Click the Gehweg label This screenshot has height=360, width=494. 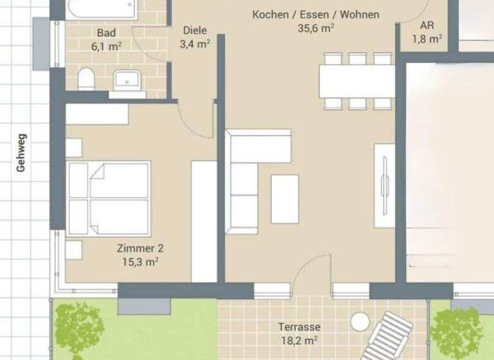coord(22,152)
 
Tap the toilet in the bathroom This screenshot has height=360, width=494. coord(86,80)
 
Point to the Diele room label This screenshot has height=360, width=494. coord(196,30)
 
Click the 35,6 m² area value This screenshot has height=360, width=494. coord(316,28)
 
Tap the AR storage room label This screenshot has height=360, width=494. coord(426,26)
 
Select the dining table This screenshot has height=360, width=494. coord(357,81)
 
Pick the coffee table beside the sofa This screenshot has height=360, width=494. coord(284,199)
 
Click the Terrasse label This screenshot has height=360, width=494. coord(299,327)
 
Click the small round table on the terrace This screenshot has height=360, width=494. coord(362,319)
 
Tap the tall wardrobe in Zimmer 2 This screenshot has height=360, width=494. coord(205,221)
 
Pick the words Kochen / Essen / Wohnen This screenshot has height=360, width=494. coord(316,14)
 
